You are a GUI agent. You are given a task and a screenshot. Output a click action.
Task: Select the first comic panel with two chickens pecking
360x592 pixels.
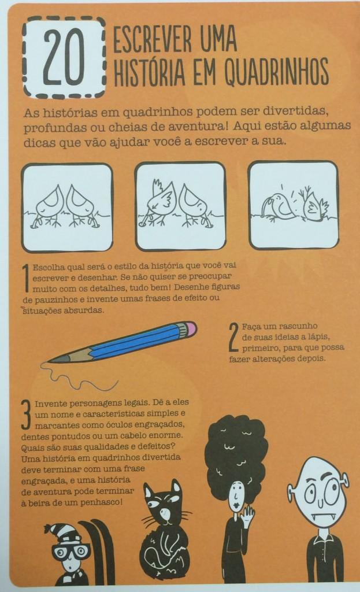tap(67, 207)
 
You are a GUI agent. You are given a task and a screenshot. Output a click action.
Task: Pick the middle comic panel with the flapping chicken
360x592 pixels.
tap(180, 206)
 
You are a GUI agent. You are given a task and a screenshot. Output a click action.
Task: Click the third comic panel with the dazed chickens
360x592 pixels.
tap(293, 206)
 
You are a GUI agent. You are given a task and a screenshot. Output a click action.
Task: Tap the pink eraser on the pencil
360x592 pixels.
tap(188, 329)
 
